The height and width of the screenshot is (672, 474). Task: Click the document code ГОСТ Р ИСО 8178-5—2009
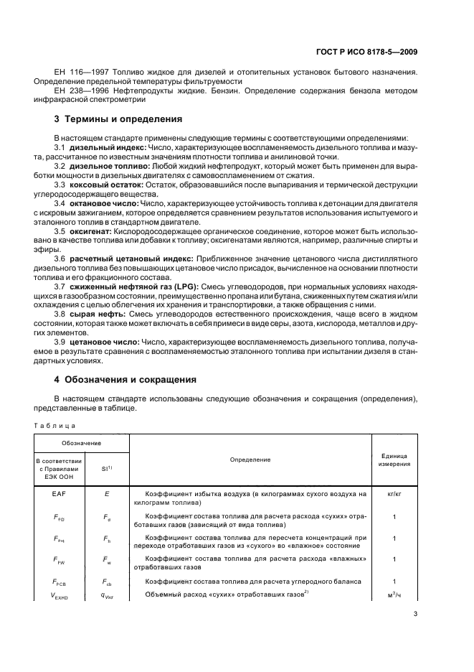point(371,51)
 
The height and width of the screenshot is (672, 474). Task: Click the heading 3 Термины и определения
point(118,119)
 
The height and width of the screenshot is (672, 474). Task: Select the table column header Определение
point(250,459)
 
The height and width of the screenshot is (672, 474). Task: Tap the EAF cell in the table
point(59,494)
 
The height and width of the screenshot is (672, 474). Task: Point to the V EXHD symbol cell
point(59,596)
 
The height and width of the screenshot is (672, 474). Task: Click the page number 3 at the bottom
point(416,614)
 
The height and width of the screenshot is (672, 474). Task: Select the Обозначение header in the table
point(81,444)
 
